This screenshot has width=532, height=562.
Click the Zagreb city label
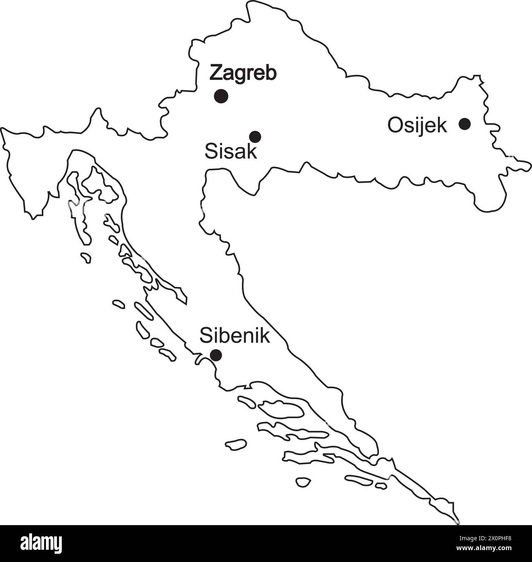pyautogui.click(x=243, y=74)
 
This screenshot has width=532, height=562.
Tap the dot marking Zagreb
pyautogui.click(x=221, y=96)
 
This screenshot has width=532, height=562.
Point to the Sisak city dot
pyautogui.click(x=255, y=136)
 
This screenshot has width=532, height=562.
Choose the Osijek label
pyautogui.click(x=417, y=126)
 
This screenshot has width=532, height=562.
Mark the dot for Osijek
pyautogui.click(x=464, y=124)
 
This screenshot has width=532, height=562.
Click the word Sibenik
pyautogui.click(x=234, y=336)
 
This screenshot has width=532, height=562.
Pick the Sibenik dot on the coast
pyautogui.click(x=216, y=355)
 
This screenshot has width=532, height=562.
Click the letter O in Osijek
pyautogui.click(x=395, y=126)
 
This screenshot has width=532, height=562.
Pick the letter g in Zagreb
pyautogui.click(x=238, y=76)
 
